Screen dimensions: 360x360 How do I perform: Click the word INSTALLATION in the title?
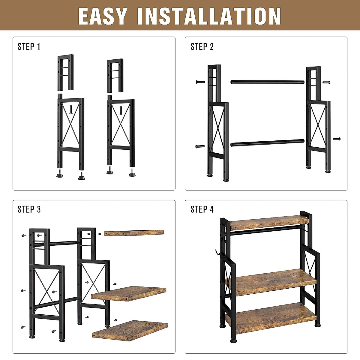click(209, 16)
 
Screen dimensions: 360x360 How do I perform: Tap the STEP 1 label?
click(29, 46)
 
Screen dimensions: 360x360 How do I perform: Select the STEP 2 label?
click(202, 46)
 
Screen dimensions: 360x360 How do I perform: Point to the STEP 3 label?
click(29, 209)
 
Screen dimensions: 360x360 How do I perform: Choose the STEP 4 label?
click(202, 209)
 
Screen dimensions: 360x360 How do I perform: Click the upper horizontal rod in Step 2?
click(267, 82)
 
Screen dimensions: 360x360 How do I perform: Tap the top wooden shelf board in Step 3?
click(134, 233)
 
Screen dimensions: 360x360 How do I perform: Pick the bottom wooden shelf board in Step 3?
click(130, 330)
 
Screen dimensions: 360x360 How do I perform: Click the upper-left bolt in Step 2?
click(200, 82)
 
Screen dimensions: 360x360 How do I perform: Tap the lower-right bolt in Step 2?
click(337, 139)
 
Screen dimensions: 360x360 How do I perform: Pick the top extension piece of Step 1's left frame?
click(65, 72)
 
